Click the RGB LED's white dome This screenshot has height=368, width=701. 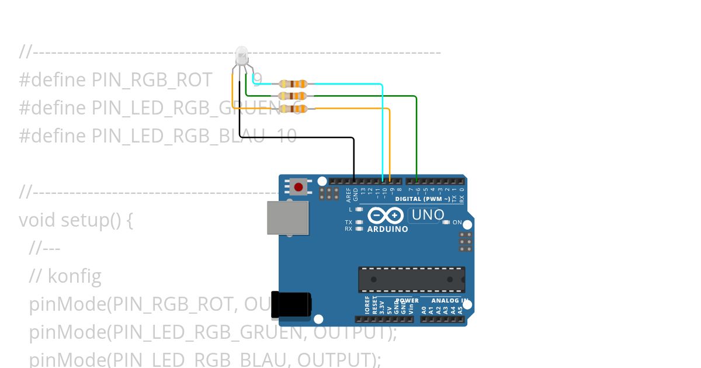click(241, 56)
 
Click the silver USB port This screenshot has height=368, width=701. click(287, 217)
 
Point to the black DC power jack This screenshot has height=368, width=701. click(291, 305)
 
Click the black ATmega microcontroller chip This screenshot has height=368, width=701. click(411, 280)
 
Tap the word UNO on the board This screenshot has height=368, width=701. click(428, 215)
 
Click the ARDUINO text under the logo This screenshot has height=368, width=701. click(387, 230)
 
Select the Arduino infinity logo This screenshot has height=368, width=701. click(386, 216)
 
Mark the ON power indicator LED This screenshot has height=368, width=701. click(446, 222)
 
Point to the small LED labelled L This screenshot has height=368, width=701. click(359, 209)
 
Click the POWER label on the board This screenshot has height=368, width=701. click(407, 301)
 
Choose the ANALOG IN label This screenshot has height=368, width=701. click(450, 301)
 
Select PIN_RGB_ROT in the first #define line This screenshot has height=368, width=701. click(152, 80)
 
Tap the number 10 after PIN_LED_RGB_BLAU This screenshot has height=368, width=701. click(287, 136)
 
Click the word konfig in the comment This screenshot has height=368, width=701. click(74, 276)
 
